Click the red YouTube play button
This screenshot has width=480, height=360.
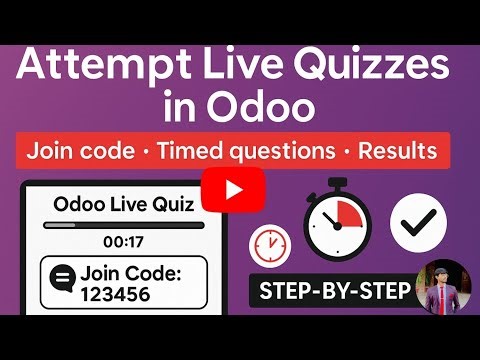(x=233, y=188)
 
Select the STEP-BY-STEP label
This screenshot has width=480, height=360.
(x=335, y=293)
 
